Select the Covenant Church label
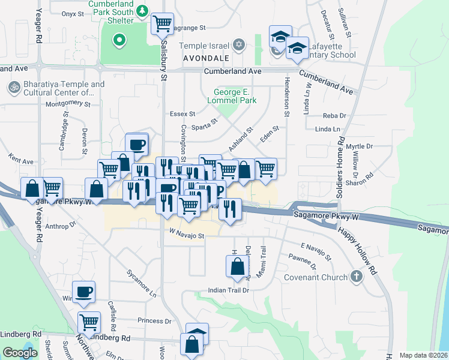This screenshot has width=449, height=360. tap(318, 277)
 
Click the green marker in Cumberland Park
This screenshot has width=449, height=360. tap(119, 41)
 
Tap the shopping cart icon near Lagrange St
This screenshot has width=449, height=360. tap(162, 24)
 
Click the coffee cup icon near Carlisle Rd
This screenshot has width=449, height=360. tap(84, 292)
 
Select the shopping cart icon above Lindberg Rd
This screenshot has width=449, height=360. tap(89, 322)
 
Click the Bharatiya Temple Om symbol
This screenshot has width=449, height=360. tap(13, 88)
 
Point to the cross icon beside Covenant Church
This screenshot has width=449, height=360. tap(357, 277)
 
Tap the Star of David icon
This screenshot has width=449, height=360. tap(238, 46)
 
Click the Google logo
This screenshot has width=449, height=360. tap(20, 353)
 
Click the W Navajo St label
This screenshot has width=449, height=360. tap(187, 236)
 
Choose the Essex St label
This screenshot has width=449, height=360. tap(182, 113)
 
